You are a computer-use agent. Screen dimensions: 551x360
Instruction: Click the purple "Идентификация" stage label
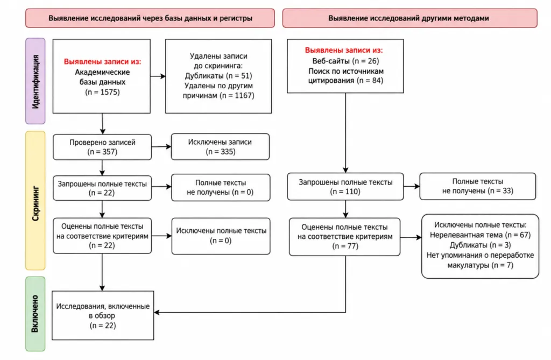[x=35, y=81]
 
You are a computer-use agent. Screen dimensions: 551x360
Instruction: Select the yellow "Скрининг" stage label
[x=35, y=201]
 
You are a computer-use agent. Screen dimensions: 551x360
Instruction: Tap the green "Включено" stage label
[x=35, y=314]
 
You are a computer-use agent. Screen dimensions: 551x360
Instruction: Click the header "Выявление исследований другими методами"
[x=409, y=18]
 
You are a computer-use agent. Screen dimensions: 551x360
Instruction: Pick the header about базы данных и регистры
[x=150, y=18]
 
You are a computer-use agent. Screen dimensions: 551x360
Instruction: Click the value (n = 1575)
[x=102, y=92]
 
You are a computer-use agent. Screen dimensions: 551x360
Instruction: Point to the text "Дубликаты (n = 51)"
[x=218, y=75]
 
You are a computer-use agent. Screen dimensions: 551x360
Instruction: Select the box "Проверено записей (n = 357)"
[x=102, y=147]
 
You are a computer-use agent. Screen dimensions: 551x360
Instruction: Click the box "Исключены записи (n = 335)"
[x=220, y=146]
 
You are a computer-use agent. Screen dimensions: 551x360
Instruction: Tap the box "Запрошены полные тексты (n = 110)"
[x=345, y=187]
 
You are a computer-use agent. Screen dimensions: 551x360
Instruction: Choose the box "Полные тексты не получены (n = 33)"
[x=478, y=186]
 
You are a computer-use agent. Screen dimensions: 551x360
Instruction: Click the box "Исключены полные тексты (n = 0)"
[x=221, y=236]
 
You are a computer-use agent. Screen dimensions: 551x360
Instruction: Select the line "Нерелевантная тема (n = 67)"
[x=480, y=235]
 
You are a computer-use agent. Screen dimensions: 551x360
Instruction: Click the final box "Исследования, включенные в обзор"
[x=103, y=315]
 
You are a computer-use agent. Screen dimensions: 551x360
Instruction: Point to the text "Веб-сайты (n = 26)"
[x=345, y=61]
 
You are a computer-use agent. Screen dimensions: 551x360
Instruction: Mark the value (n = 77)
[x=345, y=246]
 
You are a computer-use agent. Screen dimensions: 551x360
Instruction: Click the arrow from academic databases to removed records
[x=158, y=76]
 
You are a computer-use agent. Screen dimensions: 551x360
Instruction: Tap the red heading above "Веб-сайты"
[x=344, y=50]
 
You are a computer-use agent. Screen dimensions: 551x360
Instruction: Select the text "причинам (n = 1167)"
[x=218, y=95]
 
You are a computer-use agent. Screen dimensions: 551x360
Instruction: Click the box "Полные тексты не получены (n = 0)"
[x=221, y=187]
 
